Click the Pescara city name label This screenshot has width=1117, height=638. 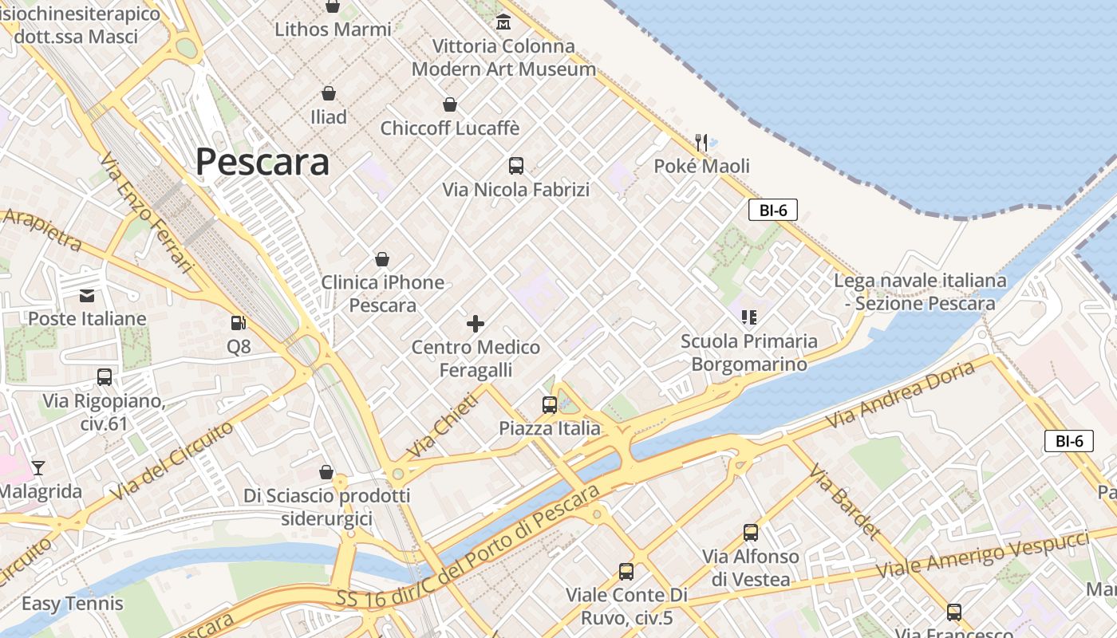pyautogui.click(x=262, y=162)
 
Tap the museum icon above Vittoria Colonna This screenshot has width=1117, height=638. pyautogui.click(x=503, y=22)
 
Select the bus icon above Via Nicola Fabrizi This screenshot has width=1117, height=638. pyautogui.click(x=516, y=166)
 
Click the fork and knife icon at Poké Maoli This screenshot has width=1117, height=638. pyautogui.click(x=701, y=143)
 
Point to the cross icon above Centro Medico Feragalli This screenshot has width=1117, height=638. pyautogui.click(x=476, y=323)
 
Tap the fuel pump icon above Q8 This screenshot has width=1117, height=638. pyautogui.click(x=238, y=323)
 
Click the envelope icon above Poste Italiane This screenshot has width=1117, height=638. pyautogui.click(x=87, y=296)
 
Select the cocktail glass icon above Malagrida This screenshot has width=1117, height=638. pyautogui.click(x=37, y=468)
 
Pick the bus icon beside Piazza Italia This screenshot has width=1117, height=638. pyautogui.click(x=550, y=404)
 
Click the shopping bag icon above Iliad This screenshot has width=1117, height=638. pyautogui.click(x=328, y=93)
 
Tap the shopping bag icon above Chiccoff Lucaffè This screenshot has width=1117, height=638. pyautogui.click(x=450, y=104)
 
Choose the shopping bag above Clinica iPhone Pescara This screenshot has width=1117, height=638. pyautogui.click(x=382, y=259)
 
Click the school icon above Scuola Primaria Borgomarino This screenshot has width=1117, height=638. pyautogui.click(x=748, y=317)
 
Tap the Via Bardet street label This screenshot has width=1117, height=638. pyautogui.click(x=845, y=501)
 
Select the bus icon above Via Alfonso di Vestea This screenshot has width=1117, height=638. pyautogui.click(x=750, y=533)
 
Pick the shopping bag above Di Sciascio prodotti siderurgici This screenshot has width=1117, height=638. pyautogui.click(x=326, y=472)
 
